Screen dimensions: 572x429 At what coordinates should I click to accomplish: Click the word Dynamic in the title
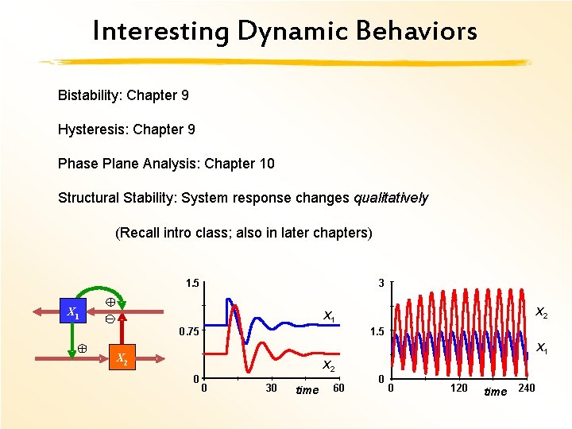coord(293,32)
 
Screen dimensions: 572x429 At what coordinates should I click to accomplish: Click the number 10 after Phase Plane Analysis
coord(267,164)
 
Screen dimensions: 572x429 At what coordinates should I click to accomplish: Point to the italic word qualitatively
coord(391,198)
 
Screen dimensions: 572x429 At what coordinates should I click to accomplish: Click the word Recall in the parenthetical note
coord(137,232)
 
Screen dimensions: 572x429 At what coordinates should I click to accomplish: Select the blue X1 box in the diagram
coord(73,311)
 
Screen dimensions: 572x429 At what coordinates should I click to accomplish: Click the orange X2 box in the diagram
coord(122,357)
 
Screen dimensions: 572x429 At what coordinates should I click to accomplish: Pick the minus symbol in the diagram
coord(110,319)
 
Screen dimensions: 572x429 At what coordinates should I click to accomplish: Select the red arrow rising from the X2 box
coord(122,329)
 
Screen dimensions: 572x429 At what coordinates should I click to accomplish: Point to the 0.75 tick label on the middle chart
coord(189,331)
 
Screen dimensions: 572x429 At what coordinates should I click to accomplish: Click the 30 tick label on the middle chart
coord(271,388)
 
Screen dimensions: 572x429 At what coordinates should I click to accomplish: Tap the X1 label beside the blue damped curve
coord(329,316)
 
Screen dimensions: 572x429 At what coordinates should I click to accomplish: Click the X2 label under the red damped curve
coord(328,365)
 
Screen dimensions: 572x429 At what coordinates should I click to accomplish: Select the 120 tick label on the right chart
coord(458,388)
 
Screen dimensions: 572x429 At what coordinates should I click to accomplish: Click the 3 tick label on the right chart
coord(381,283)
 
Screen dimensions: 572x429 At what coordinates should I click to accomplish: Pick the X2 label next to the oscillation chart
coord(542,312)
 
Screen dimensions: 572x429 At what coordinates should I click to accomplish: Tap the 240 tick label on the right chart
coord(527,388)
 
